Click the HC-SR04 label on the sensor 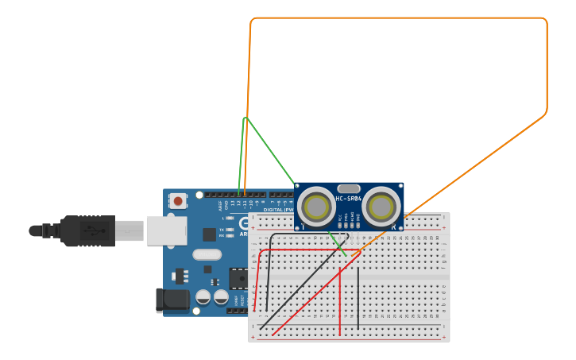pyautogui.click(x=349, y=199)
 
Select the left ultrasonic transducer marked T pyautogui.click(x=317, y=207)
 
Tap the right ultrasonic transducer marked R pyautogui.click(x=382, y=207)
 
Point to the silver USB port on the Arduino pyautogui.click(x=166, y=230)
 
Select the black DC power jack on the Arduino pyautogui.click(x=172, y=300)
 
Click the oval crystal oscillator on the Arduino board pyautogui.click(x=207, y=255)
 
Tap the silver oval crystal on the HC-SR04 pyautogui.click(x=349, y=189)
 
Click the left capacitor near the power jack pyautogui.click(x=203, y=297)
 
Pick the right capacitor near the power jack pyautogui.click(x=221, y=297)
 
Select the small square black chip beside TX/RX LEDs pyautogui.click(x=209, y=234)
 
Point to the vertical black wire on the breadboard pyautogui.click(x=358, y=298)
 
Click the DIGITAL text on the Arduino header pyautogui.click(x=273, y=210)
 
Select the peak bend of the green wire pyautogui.click(x=245, y=118)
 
